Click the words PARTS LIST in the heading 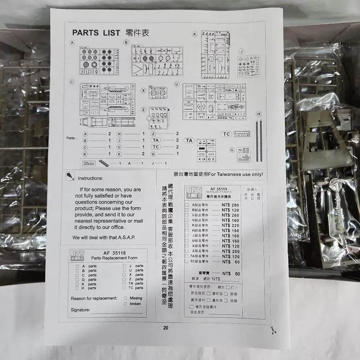(x=96, y=33)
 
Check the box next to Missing (x=125, y=298)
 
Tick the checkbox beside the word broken (x=125, y=304)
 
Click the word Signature (x=80, y=310)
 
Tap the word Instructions (x=90, y=178)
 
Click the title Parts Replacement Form (x=114, y=258)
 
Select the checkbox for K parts (x=77, y=284)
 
